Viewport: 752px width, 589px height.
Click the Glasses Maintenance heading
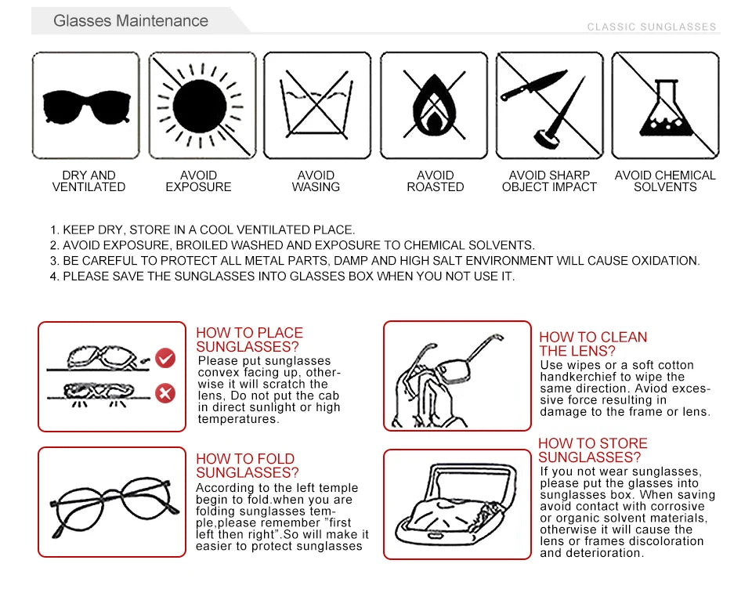click(x=131, y=21)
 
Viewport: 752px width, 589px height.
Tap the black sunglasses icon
click(x=85, y=106)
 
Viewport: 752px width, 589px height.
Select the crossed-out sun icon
click(x=201, y=106)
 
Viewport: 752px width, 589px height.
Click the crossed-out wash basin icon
click(x=316, y=106)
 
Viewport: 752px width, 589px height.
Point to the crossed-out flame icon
click(x=434, y=106)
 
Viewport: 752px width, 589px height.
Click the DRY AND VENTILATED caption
click(x=89, y=181)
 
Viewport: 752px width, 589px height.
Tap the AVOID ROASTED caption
click(x=435, y=181)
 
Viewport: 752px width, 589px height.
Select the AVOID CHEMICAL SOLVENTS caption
click(x=665, y=181)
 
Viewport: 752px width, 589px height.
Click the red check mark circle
click(x=165, y=359)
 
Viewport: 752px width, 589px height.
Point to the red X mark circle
click(x=165, y=393)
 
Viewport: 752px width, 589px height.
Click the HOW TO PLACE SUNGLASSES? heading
click(x=249, y=340)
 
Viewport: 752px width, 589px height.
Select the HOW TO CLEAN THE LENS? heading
click(x=593, y=344)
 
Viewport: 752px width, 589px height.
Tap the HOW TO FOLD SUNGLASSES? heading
click(x=247, y=466)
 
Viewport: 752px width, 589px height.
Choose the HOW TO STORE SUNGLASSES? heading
click(x=592, y=450)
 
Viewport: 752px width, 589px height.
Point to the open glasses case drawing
click(x=457, y=503)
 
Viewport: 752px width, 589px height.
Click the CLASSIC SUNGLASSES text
click(x=652, y=27)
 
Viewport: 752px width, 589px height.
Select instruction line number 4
click(x=283, y=276)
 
